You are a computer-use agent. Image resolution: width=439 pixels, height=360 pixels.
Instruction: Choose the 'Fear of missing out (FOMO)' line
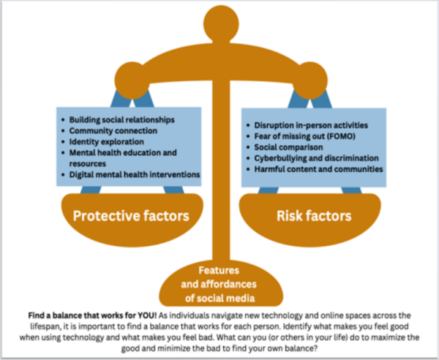click(x=306, y=136)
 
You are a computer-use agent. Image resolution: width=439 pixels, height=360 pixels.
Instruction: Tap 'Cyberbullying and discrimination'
click(x=316, y=158)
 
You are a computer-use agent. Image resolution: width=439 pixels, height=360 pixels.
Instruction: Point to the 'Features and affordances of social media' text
click(x=220, y=282)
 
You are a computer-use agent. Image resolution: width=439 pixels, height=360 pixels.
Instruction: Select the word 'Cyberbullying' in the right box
click(x=282, y=158)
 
